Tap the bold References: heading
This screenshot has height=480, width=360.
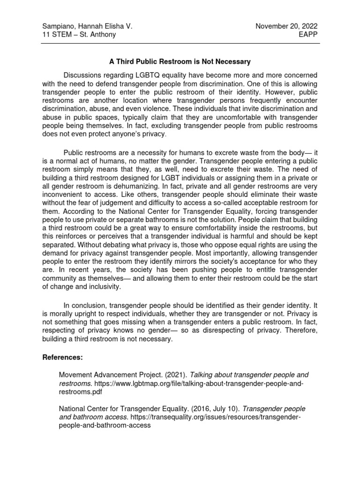62,357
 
